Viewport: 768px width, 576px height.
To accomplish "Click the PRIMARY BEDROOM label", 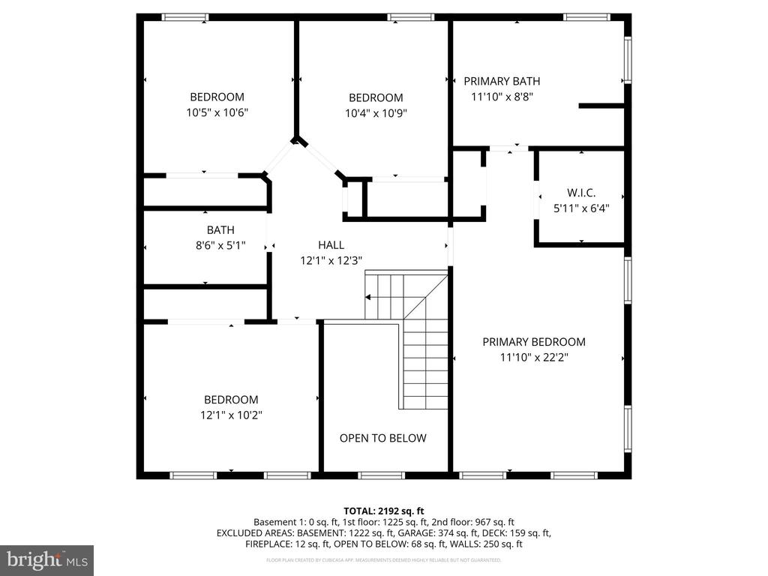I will pyautogui.click(x=533, y=341).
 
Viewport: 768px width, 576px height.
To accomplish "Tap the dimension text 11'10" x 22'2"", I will pyautogui.click(x=533, y=358).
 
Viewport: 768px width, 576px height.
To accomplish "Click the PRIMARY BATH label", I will pyautogui.click(x=502, y=81).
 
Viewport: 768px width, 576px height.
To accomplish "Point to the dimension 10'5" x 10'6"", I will pyautogui.click(x=217, y=112).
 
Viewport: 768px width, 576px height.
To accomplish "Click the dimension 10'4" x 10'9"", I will pyautogui.click(x=376, y=113).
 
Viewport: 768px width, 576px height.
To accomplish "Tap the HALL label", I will pyautogui.click(x=331, y=244).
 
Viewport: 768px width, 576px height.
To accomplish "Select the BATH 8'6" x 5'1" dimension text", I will pyautogui.click(x=220, y=245).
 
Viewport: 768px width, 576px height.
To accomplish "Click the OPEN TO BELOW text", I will pyautogui.click(x=382, y=438).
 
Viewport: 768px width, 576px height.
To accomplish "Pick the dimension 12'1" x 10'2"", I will pyautogui.click(x=231, y=415).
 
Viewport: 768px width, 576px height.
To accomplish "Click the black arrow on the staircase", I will pyautogui.click(x=369, y=298).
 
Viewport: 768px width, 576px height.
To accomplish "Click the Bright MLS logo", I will pyautogui.click(x=46, y=559).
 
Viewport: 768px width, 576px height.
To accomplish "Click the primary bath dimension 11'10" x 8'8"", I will pyautogui.click(x=502, y=96).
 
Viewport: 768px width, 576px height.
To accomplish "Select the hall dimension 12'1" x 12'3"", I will pyautogui.click(x=331, y=260).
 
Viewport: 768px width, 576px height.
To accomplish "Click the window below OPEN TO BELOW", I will pyautogui.click(x=381, y=475).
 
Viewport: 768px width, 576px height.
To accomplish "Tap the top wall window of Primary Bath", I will pyautogui.click(x=586, y=16).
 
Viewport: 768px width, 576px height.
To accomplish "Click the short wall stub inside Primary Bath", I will pyautogui.click(x=601, y=106).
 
